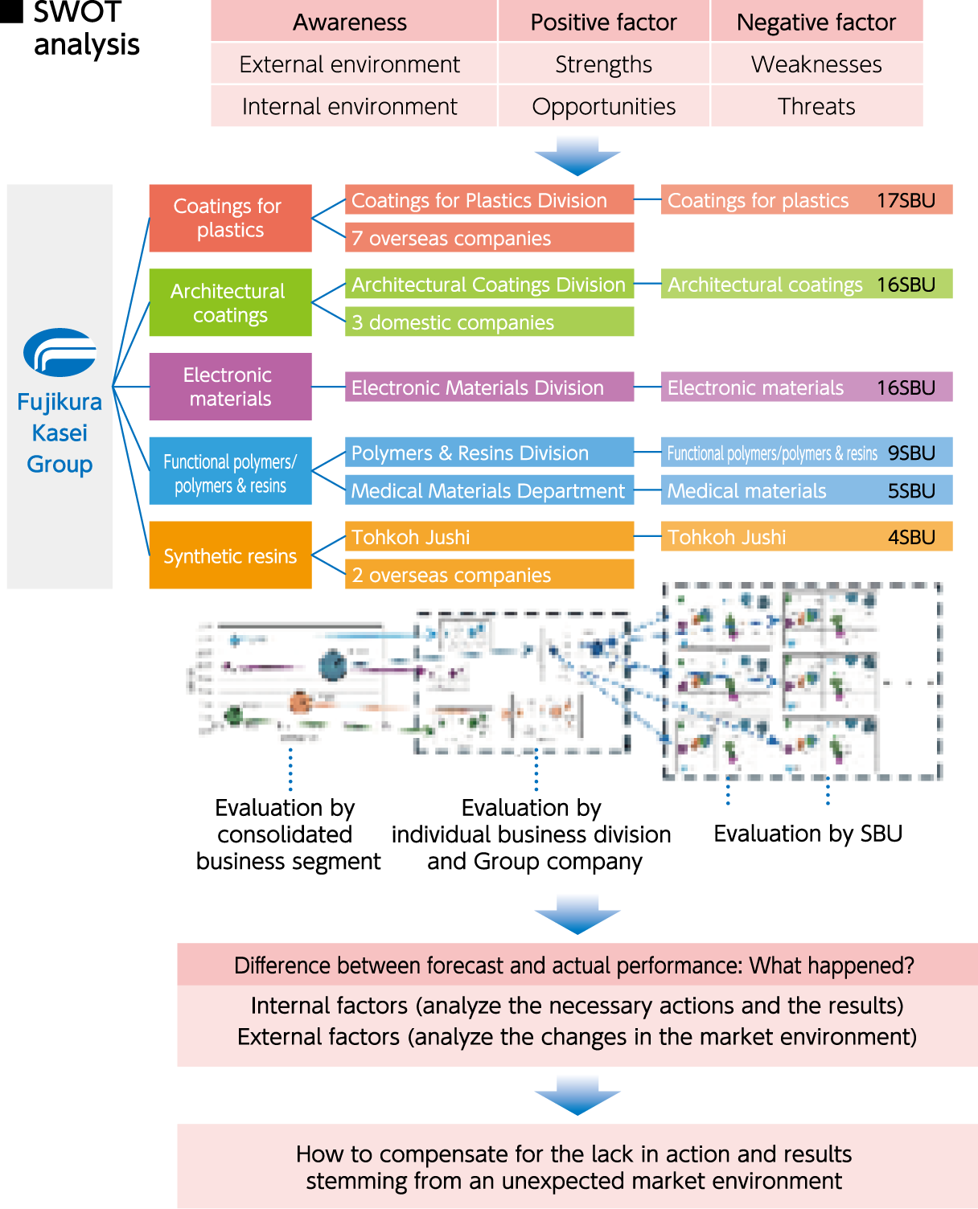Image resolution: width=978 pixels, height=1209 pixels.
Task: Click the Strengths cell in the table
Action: point(603,64)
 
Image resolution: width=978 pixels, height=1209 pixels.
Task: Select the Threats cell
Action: point(816,106)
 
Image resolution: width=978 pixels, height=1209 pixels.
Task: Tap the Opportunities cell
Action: point(603,106)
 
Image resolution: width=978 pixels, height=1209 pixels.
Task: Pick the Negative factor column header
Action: point(816,23)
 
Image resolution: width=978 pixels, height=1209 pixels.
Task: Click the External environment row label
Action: point(350,64)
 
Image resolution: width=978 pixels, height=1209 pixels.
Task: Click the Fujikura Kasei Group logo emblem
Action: point(60,352)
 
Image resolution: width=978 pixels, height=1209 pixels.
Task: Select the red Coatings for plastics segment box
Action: point(230,218)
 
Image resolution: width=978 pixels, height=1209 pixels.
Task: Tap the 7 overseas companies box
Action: point(489,238)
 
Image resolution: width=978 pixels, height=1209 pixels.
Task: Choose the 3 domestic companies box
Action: point(489,322)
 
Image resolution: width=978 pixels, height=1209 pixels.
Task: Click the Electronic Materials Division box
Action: point(489,387)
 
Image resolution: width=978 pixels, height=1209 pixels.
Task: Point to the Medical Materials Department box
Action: point(489,490)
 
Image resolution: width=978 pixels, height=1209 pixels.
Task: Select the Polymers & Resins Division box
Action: point(489,453)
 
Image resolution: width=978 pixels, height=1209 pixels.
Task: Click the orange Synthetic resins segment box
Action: point(230,555)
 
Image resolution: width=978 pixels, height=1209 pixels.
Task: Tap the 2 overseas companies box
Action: point(489,575)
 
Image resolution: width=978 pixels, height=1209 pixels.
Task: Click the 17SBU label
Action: point(906,200)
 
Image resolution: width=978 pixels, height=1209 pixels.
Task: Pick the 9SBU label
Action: point(911,453)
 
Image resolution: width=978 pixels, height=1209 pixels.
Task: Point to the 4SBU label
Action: point(911,537)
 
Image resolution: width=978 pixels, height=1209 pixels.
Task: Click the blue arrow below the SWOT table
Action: point(577,155)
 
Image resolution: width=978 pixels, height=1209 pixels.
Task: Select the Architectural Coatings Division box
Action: point(489,285)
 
